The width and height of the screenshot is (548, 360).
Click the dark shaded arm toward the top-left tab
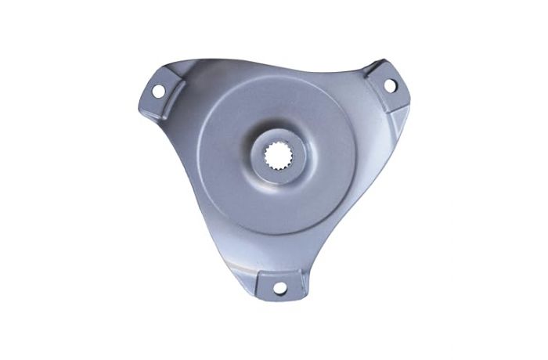point(184,117)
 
